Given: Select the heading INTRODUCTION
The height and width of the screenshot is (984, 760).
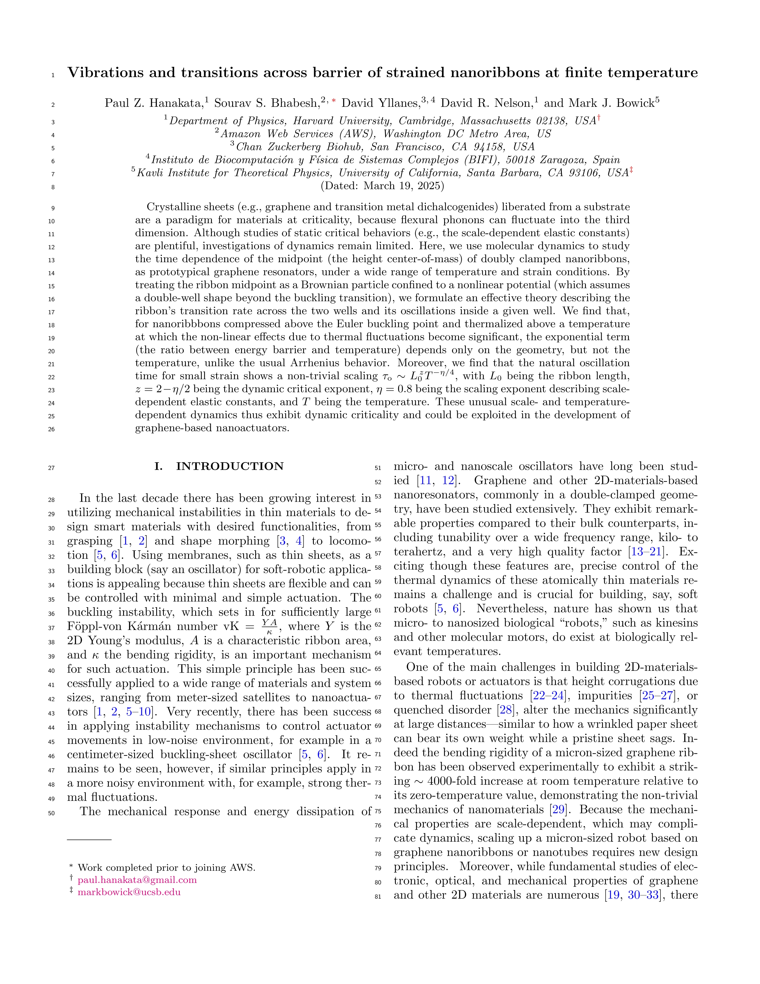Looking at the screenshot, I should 229,466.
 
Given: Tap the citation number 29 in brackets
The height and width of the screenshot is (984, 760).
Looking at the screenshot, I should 558,810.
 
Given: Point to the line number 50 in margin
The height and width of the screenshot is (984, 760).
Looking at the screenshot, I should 51,813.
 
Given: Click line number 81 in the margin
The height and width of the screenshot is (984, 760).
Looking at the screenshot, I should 378,897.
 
